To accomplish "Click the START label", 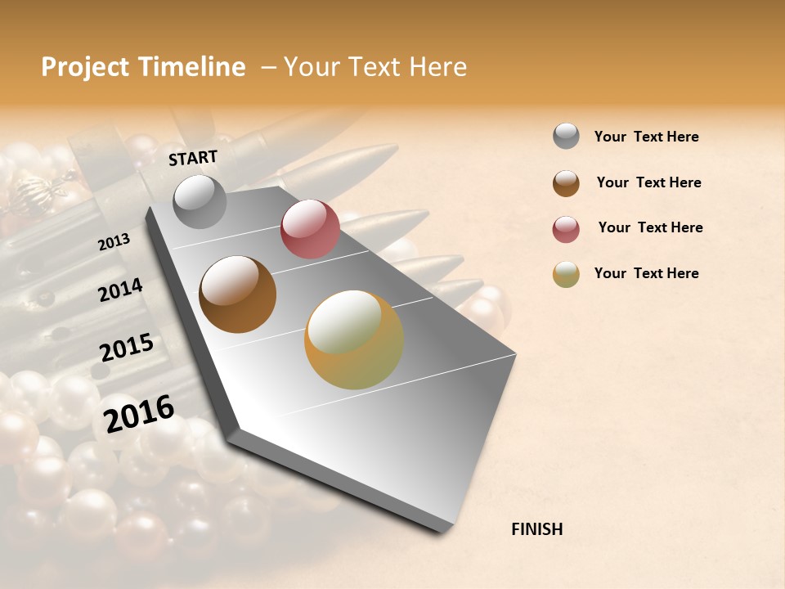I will [x=193, y=158].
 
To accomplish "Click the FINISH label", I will [x=536, y=529].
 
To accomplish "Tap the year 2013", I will [x=114, y=242].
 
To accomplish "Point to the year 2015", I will [x=127, y=348].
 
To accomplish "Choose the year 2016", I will [x=139, y=414].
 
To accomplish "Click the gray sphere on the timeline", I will [x=200, y=201].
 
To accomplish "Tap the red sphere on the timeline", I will [x=310, y=230].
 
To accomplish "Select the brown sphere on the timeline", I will [x=237, y=294].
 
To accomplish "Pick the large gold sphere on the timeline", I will [x=354, y=339].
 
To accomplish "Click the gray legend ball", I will [x=566, y=136].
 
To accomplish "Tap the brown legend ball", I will [x=566, y=182].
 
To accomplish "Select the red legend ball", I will [x=566, y=228].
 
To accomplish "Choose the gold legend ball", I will [x=566, y=274].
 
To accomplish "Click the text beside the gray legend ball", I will [x=646, y=137].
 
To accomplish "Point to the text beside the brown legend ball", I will [x=648, y=182].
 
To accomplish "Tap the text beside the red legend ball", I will [x=650, y=227].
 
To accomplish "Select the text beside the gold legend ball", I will [x=646, y=273].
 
